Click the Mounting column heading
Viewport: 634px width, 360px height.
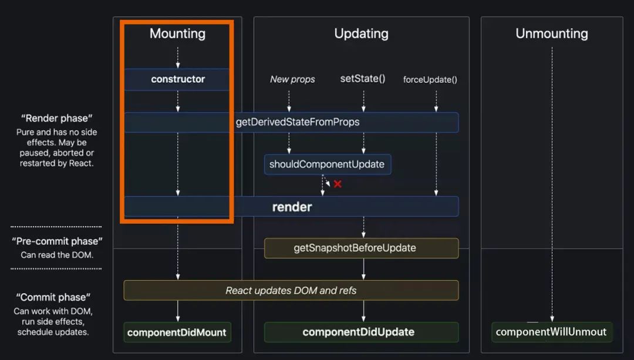click(177, 33)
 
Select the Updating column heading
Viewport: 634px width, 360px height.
click(361, 33)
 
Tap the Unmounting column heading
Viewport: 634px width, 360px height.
click(551, 33)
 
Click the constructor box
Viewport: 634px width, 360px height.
click(177, 79)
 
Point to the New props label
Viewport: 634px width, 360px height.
click(292, 79)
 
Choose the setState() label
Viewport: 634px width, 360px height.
click(363, 79)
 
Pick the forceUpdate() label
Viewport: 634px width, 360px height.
click(430, 80)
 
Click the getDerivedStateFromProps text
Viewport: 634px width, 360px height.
click(297, 122)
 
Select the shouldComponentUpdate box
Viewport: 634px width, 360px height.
click(327, 164)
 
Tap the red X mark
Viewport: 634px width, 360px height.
click(338, 184)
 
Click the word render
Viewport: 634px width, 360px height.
click(292, 207)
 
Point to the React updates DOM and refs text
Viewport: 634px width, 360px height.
click(291, 290)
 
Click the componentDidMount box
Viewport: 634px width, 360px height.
click(177, 332)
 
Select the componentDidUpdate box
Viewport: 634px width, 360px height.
click(358, 332)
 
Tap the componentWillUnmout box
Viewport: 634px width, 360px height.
click(551, 332)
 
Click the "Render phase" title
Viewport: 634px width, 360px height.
click(56, 119)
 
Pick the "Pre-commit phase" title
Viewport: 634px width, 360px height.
click(57, 241)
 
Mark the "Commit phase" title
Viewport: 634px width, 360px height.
click(53, 297)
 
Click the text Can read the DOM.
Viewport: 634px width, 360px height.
click(57, 255)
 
